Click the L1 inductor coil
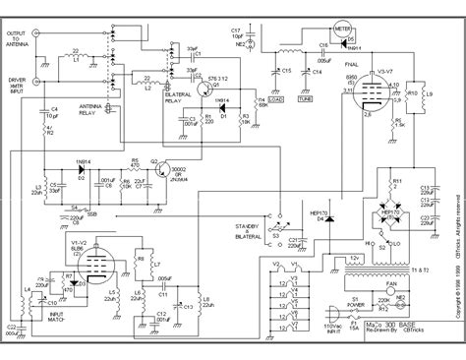coord(75,58)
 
